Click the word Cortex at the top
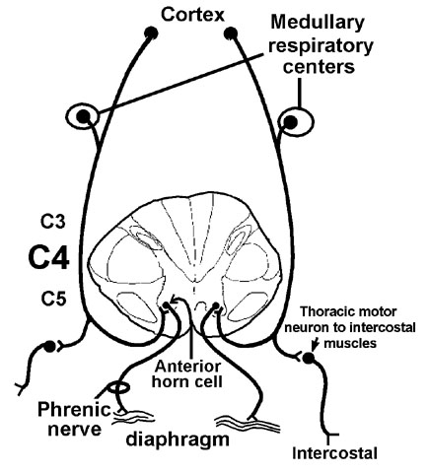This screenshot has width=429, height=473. pos(192,15)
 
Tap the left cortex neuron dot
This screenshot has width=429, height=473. pos(151,33)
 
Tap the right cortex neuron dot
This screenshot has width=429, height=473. pos(231,33)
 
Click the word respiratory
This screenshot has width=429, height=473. pos(321,46)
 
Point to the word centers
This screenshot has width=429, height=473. pos(320,66)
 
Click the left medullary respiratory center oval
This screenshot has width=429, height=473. pos(82,116)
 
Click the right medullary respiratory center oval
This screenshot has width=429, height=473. pos(297,121)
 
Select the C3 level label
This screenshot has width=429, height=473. pos(53,222)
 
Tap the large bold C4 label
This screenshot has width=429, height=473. pos(49,258)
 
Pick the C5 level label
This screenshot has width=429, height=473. pos(53,299)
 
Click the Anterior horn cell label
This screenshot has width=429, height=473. pos(187,373)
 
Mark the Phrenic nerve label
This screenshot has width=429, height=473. pos(74,419)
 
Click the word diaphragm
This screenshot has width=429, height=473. pos(178,439)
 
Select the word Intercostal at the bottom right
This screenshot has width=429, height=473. pos(334,453)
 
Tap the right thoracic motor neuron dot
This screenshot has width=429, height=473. pos(309,358)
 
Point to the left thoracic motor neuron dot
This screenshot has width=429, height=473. pos(49,347)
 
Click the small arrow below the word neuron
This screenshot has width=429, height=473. pos(316,344)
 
